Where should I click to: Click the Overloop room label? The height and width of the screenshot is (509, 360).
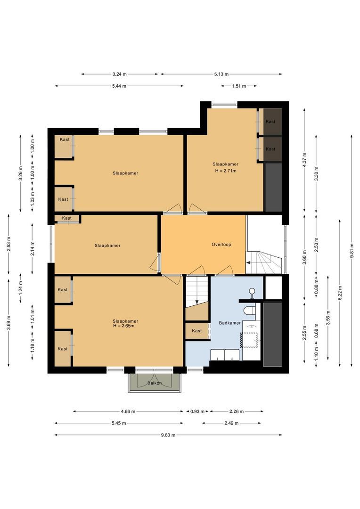tap(221, 245)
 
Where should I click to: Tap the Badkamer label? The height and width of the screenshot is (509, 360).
tap(230, 323)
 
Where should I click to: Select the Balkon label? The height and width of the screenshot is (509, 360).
tap(155, 383)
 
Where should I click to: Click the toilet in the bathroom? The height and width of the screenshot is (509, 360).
tap(249, 310)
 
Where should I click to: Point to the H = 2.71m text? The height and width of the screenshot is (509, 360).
tap(226, 171)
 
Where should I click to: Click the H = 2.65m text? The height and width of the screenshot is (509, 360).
tap(123, 326)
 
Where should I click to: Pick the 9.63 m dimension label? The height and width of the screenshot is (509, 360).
tap(168, 435)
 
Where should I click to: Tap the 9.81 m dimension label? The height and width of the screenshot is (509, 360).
tap(352, 251)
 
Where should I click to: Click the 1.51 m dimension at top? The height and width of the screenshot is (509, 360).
tap(239, 86)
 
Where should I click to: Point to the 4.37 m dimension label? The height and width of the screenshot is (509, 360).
tap(304, 159)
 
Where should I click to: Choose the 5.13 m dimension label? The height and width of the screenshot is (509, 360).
tap(221, 74)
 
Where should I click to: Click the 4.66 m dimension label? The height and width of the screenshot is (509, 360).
tap(128, 411)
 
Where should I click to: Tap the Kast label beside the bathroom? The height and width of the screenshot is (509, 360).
tap(196, 331)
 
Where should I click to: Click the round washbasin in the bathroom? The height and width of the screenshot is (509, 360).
tap(252, 291)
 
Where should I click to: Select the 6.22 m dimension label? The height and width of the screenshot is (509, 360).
tap(340, 293)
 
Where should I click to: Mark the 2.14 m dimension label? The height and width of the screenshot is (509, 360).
tap(33, 248)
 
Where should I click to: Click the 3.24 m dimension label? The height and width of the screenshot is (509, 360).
tap(120, 74)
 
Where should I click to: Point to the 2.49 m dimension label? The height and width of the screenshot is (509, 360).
tap(231, 423)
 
